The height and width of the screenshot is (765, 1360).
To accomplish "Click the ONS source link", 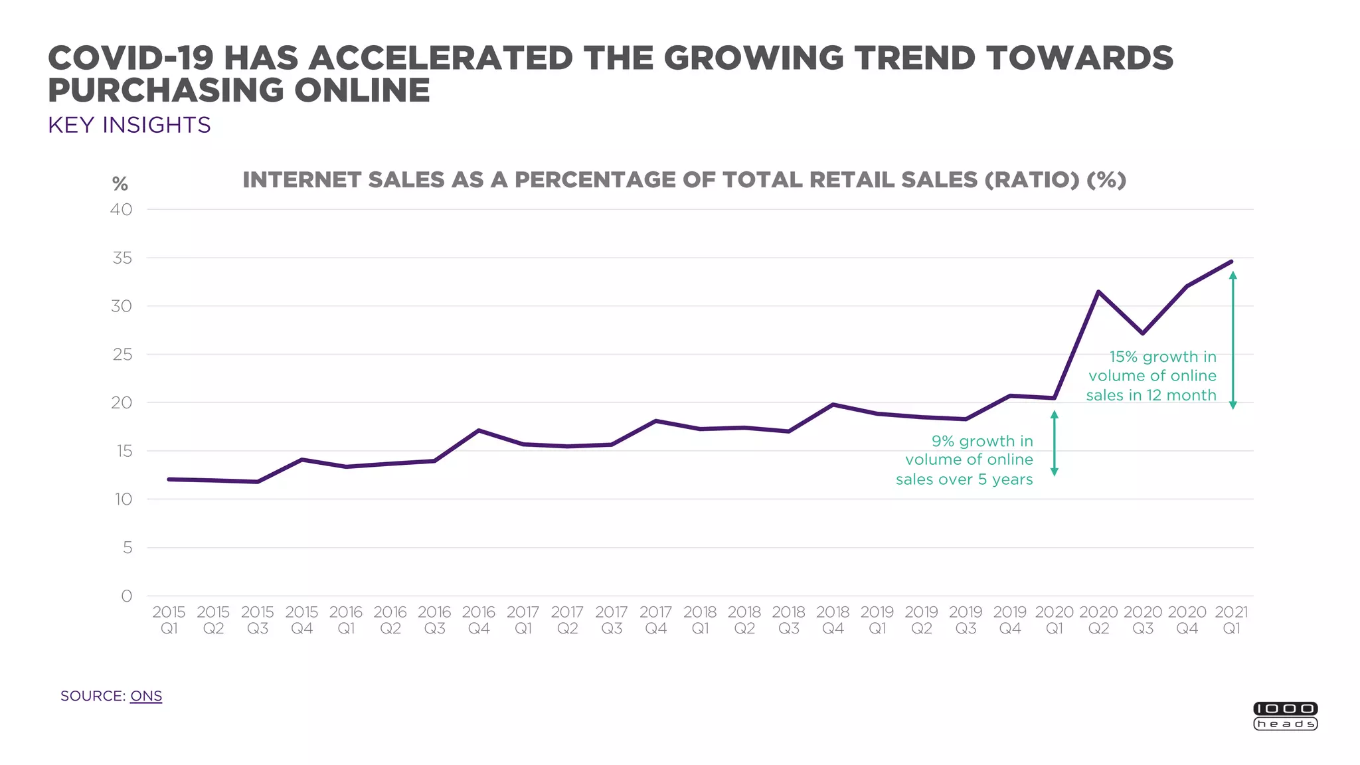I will pos(146,696).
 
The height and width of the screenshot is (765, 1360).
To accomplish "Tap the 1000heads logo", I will pos(1285,716).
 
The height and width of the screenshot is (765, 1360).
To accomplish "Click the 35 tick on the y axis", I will pos(122,258).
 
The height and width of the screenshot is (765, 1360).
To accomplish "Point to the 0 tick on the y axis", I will pos(126,596).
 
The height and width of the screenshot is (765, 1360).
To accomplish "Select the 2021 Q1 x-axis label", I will pos(1231,620).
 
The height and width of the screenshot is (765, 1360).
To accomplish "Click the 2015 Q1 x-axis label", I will pos(169,620).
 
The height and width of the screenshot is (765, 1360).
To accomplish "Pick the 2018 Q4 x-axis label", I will pos(833,620).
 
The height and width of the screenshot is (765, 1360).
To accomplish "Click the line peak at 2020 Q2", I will pos(1098,292).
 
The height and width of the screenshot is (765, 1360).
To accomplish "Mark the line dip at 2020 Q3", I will pos(1142,333).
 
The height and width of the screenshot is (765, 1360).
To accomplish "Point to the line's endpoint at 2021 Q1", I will pos(1231,262).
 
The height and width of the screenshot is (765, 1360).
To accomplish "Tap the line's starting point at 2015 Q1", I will pos(169,479).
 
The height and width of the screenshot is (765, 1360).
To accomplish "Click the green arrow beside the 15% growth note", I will pos(1232,340).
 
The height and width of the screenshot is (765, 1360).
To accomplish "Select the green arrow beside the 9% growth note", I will pos(1054,443).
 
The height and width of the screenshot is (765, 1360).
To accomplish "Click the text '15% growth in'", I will pos(1163,357).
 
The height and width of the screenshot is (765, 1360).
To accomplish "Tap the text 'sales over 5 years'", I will pos(964,479).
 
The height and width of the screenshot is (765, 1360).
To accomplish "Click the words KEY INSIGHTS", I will pos(129,125).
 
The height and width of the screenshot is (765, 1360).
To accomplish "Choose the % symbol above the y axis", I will pos(120,183).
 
